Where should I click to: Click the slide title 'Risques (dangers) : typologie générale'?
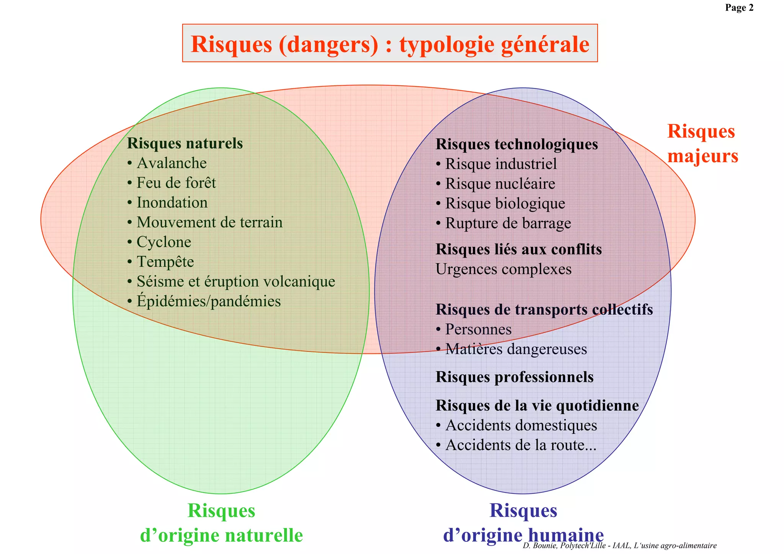390,44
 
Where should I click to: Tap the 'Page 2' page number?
739,8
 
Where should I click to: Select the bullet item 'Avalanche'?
171,163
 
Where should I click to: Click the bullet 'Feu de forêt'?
176,183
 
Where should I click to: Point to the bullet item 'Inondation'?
172,203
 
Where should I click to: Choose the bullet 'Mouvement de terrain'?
209,223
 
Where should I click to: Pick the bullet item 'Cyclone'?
164,242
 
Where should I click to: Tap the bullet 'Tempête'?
165,262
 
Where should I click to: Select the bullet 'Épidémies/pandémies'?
209,301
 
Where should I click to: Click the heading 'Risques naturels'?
185,143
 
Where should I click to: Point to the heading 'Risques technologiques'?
516,145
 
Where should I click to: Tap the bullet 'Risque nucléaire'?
500,184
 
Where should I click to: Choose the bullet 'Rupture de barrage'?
508,223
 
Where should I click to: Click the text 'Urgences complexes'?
503,269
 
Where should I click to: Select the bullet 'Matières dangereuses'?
516,349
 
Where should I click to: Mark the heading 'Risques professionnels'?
514,377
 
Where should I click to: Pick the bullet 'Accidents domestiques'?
521,425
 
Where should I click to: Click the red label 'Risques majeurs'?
702,144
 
